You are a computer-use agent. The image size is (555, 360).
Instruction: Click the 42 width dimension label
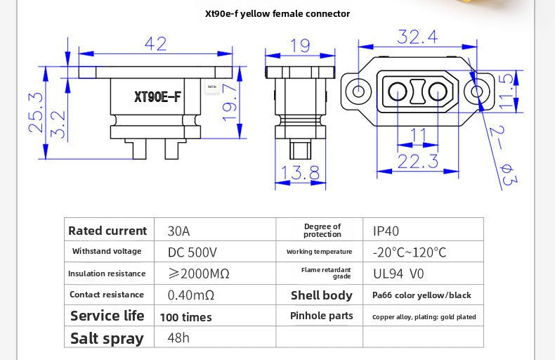point(155,44)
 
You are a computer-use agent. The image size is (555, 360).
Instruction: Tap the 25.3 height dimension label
point(36,112)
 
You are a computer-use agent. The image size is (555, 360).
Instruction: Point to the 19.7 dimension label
point(230,103)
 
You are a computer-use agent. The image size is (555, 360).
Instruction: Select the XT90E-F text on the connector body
point(157,97)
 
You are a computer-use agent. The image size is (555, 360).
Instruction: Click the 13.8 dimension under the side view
point(300,172)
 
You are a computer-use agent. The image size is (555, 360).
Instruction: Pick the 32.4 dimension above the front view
point(417,37)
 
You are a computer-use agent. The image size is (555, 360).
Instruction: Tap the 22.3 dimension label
point(418,161)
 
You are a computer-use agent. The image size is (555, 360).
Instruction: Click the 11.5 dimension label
point(507,91)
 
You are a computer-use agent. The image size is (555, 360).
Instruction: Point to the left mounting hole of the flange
point(358,91)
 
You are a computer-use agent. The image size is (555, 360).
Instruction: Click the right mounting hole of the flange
point(477,91)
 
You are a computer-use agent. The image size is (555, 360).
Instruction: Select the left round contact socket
point(398,92)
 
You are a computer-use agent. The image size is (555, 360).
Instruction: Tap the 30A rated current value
point(178,231)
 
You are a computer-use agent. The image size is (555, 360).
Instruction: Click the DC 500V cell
point(192,252)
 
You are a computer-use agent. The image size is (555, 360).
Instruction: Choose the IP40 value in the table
point(386,231)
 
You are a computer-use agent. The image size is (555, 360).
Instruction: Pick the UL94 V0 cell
point(398,274)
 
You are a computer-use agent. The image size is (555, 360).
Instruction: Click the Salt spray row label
point(107,338)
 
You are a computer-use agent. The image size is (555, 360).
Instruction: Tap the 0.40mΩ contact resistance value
point(191,295)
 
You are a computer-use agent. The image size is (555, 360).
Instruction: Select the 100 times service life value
point(186,317)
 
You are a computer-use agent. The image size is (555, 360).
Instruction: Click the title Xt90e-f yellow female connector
point(277,14)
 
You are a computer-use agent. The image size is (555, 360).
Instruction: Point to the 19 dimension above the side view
point(300,46)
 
